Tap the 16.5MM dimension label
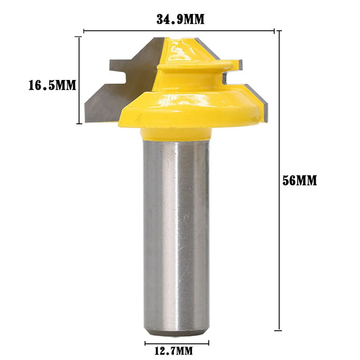[x=53, y=85]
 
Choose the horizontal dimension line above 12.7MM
[x=177, y=342]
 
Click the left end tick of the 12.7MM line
[x=145, y=342]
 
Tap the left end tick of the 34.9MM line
[x=84, y=31]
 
